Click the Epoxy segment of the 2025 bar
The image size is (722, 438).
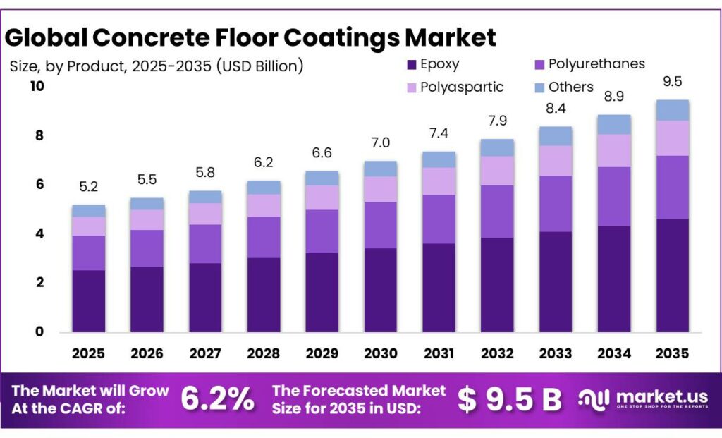pyautogui.click(x=88, y=301)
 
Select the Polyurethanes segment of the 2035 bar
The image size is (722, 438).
pyautogui.click(x=672, y=187)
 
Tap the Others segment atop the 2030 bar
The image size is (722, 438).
pyautogui.click(x=380, y=169)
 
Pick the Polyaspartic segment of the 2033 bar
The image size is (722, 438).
pyautogui.click(x=555, y=161)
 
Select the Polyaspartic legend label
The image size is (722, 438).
pyautogui.click(x=462, y=87)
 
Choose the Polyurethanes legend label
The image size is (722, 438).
pyautogui.click(x=596, y=64)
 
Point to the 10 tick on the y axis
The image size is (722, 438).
pyautogui.click(x=36, y=86)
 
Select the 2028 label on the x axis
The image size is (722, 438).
pyautogui.click(x=264, y=353)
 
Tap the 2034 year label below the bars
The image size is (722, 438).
pyautogui.click(x=614, y=353)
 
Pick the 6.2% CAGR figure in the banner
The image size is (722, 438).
pyautogui.click(x=217, y=400)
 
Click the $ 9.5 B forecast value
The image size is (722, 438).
pyautogui.click(x=509, y=400)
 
